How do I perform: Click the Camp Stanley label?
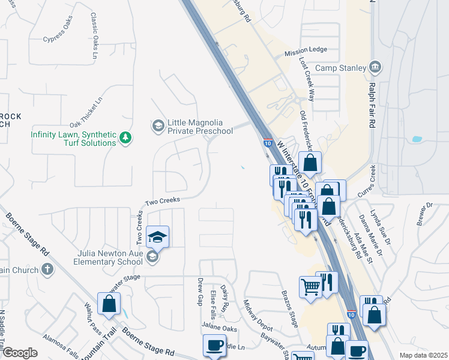[x=340, y=68]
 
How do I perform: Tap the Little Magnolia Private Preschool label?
[x=200, y=127]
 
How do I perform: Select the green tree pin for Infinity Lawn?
[x=125, y=139]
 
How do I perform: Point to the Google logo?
[x=20, y=353]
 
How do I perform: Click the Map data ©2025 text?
[x=423, y=355]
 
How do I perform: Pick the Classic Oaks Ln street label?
[x=94, y=36]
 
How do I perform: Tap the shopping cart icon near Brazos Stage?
[x=310, y=286]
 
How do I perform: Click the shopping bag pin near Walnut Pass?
[x=109, y=305]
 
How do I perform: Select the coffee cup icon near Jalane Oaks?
[x=214, y=346]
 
